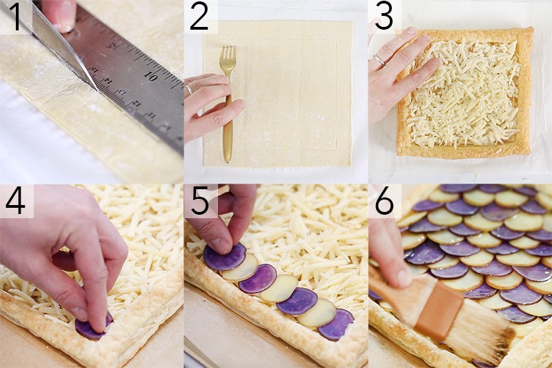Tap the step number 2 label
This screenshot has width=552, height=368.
(199, 17)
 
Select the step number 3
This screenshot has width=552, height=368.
(384, 17)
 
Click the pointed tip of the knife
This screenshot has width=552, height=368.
(95, 88)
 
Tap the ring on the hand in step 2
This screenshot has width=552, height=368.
(188, 89)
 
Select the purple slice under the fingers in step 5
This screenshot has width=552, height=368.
(224, 258)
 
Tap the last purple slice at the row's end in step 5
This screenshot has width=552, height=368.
(335, 325)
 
